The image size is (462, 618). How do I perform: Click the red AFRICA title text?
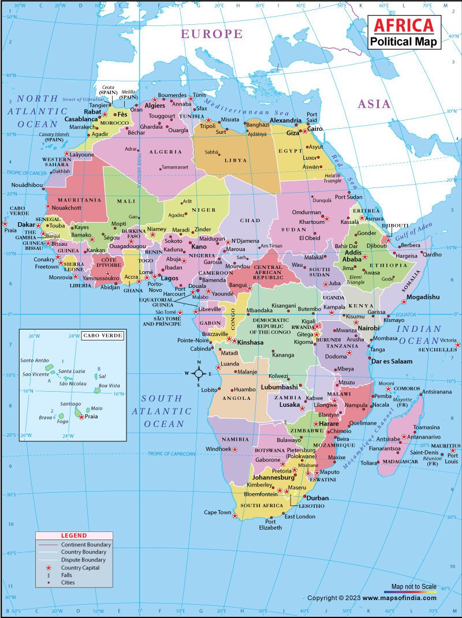pyautogui.click(x=404, y=25)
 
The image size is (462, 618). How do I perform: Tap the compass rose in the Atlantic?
pyautogui.click(x=198, y=374)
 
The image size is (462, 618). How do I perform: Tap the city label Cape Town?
pyautogui.click(x=217, y=512)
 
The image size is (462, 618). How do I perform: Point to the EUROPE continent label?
pyautogui.click(x=212, y=34)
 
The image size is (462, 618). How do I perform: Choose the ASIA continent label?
pyautogui.click(x=374, y=104)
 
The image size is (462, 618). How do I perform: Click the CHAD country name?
pyautogui.click(x=251, y=220)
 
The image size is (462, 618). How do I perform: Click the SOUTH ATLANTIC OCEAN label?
pyautogui.click(x=162, y=411)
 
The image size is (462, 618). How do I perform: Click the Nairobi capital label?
pyautogui.click(x=368, y=328)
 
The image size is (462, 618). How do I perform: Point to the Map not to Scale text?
pyautogui.click(x=413, y=587)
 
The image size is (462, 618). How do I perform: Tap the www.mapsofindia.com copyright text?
pyautogui.click(x=400, y=598)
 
